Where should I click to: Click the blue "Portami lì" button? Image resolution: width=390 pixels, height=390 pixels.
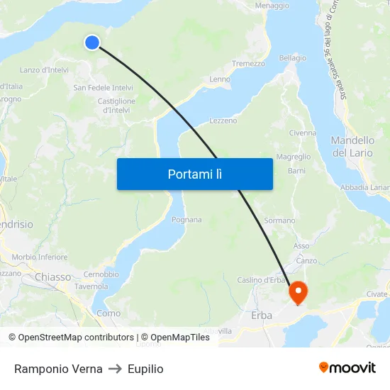(x=194, y=174)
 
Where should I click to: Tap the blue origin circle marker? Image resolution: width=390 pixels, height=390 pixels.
(x=92, y=43)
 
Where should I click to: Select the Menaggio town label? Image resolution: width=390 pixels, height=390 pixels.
(x=272, y=6)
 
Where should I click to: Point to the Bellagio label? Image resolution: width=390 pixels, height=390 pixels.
(x=293, y=58)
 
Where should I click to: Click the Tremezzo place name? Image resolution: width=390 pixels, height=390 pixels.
(x=248, y=64)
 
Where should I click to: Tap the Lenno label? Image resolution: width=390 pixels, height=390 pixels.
(x=219, y=79)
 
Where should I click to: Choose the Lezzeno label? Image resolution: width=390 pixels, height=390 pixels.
(x=223, y=121)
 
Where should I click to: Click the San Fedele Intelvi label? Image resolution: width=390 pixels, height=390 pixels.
(x=104, y=88)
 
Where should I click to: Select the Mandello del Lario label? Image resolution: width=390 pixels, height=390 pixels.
(x=352, y=147)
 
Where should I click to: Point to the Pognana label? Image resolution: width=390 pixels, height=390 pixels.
(x=186, y=220)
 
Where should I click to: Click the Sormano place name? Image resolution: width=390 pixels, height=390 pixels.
(x=279, y=221)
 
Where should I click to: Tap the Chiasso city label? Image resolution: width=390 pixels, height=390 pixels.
(x=52, y=277)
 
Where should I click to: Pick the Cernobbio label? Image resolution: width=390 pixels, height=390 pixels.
(x=101, y=274)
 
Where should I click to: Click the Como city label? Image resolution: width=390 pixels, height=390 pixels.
(x=108, y=313)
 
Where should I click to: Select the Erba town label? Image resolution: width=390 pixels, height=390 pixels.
(x=262, y=315)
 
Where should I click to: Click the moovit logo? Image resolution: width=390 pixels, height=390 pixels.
(x=347, y=368)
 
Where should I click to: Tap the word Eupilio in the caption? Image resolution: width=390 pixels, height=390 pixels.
(x=145, y=369)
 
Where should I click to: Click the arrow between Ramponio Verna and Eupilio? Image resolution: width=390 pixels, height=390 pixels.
(x=116, y=369)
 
